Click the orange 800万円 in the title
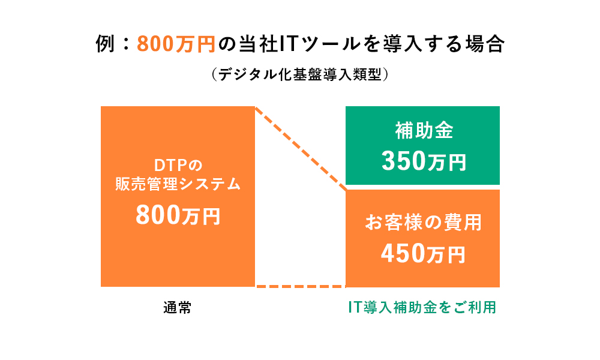click(x=176, y=44)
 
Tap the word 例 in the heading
click(x=105, y=44)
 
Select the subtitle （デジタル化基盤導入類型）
click(x=300, y=74)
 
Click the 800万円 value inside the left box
click(x=178, y=215)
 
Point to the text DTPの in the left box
click(x=178, y=165)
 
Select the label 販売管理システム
click(x=178, y=184)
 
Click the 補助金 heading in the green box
click(x=424, y=130)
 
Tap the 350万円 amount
click(x=424, y=161)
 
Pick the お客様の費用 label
click(x=423, y=222)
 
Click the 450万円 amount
click(x=423, y=253)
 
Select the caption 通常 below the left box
click(x=178, y=308)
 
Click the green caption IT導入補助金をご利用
click(x=422, y=307)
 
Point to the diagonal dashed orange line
click(x=301, y=148)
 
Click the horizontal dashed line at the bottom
click(x=301, y=286)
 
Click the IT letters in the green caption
click(x=355, y=307)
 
